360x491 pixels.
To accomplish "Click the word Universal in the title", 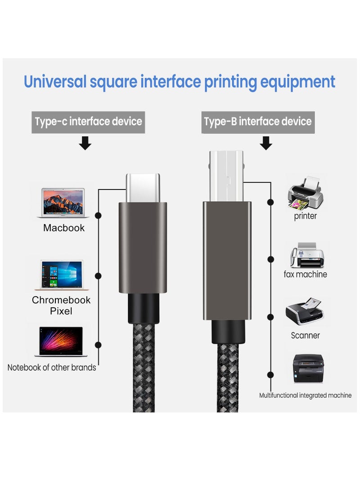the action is point(55,81).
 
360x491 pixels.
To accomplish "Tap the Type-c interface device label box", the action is point(88,122).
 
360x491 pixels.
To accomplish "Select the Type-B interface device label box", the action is point(258,122).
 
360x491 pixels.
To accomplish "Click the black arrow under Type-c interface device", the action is point(85,143).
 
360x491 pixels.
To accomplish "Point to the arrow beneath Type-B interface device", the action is point(266,143).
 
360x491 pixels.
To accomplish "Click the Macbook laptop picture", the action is point(63,203).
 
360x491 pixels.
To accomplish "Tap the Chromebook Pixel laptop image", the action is point(62,275).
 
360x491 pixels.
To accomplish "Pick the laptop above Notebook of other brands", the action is point(61,342).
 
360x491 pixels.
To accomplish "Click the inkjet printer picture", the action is point(306,193).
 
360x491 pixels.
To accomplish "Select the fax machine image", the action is point(307,255).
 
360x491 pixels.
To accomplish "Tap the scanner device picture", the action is point(304,311).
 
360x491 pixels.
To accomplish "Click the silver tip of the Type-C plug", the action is point(143,188).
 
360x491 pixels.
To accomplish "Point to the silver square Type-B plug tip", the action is point(226,176).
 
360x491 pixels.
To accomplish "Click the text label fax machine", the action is point(305,275).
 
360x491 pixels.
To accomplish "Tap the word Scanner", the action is point(305,335).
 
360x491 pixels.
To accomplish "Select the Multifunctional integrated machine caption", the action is point(305,396).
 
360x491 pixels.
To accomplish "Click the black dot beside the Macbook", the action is point(98,216).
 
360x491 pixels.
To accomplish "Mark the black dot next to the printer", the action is point(270,202).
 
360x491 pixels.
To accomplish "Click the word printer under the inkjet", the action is point(305,216).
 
